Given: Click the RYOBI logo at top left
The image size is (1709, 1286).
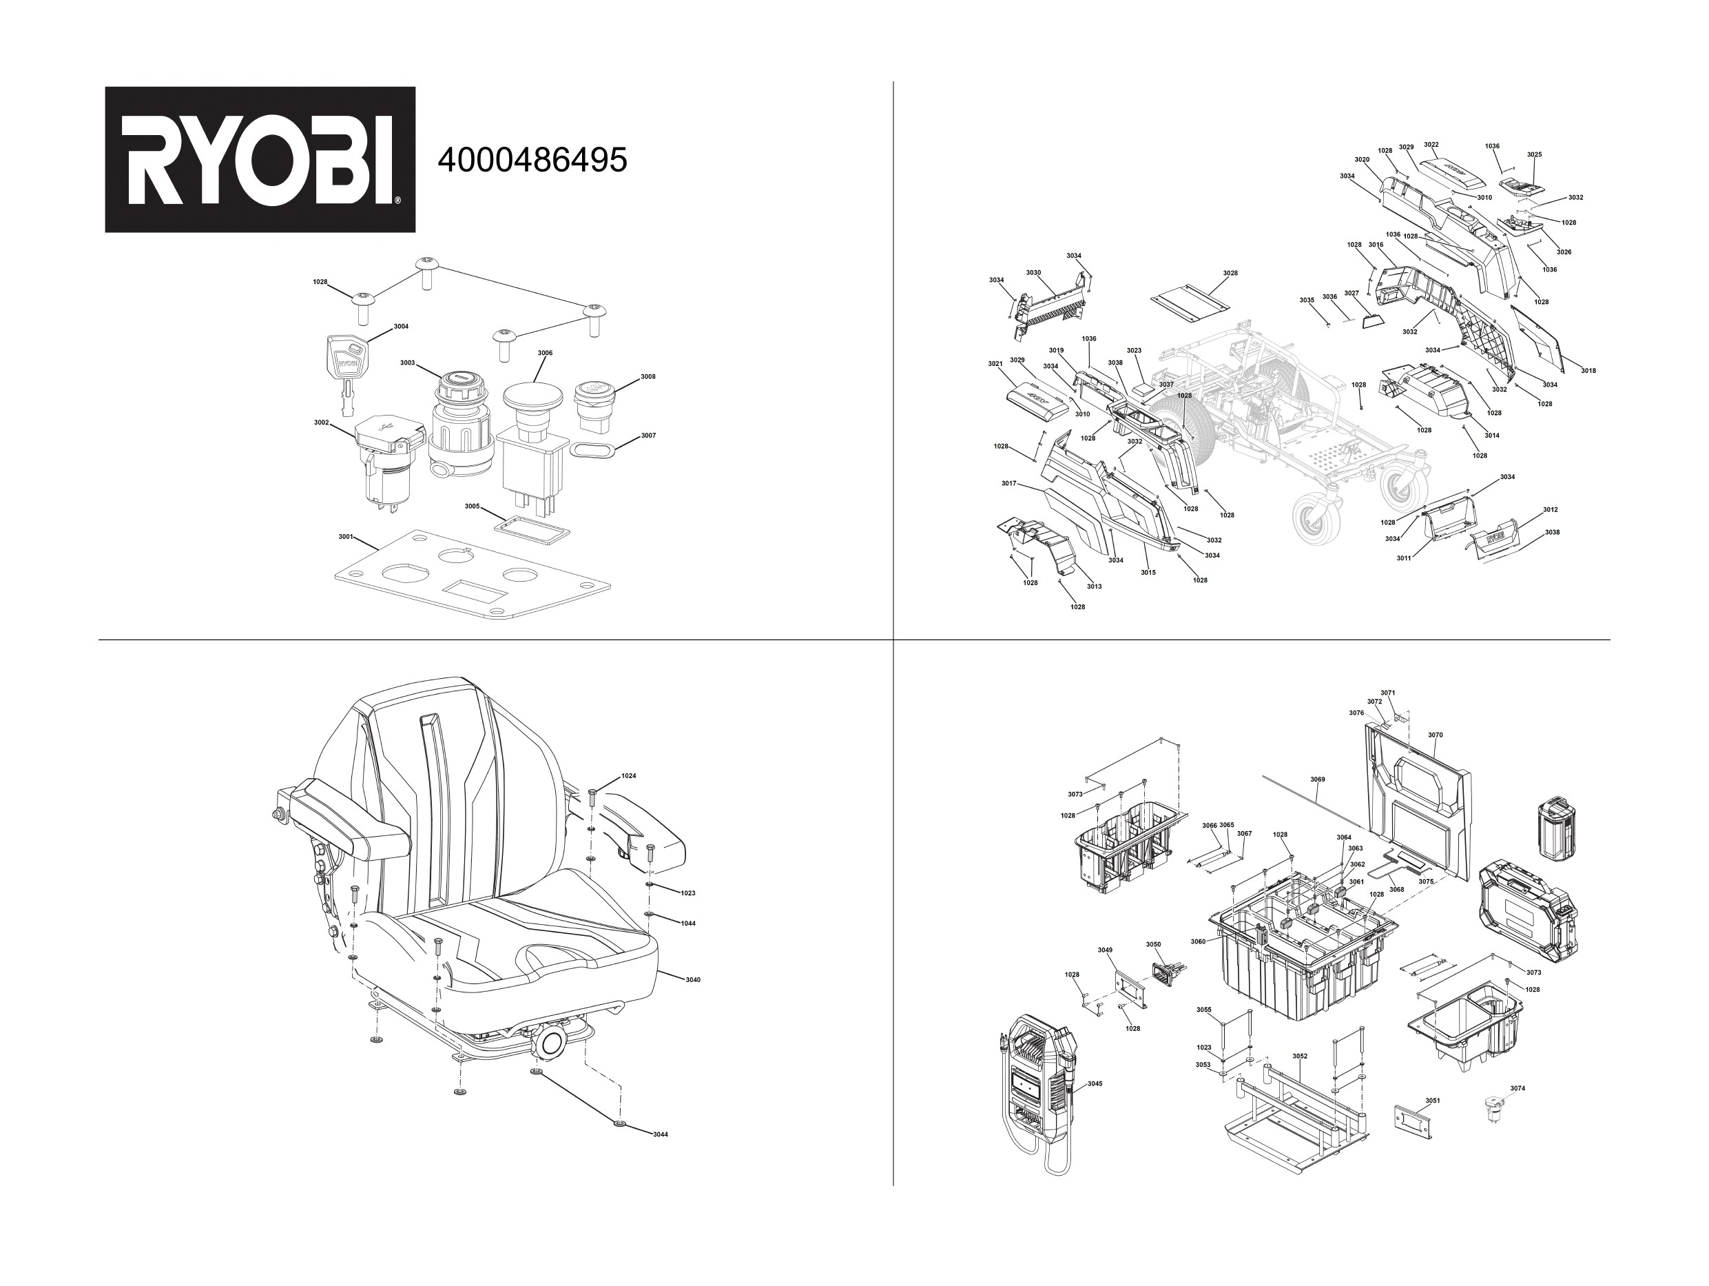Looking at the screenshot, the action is pyautogui.click(x=260, y=159).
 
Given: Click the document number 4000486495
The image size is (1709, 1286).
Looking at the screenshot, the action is pyautogui.click(x=532, y=160).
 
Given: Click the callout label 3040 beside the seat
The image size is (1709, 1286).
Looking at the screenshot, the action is pyautogui.click(x=693, y=980).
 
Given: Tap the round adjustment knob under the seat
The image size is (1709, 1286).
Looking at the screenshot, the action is pyautogui.click(x=552, y=1043).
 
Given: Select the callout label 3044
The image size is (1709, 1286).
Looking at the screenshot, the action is pyautogui.click(x=660, y=1134).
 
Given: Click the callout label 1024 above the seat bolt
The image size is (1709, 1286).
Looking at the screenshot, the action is pyautogui.click(x=629, y=775).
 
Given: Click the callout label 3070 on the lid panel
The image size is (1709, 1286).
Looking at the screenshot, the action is pyautogui.click(x=1435, y=735).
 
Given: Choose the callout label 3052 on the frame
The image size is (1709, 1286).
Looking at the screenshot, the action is pyautogui.click(x=1300, y=1056).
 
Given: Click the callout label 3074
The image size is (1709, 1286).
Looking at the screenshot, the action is pyautogui.click(x=1518, y=1088).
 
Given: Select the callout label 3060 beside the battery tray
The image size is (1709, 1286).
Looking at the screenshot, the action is pyautogui.click(x=1197, y=941).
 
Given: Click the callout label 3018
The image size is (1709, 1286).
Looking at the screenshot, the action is pyautogui.click(x=1588, y=371).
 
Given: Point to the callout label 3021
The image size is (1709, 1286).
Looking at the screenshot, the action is pyautogui.click(x=995, y=363).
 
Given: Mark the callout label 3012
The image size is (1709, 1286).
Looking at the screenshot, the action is pyautogui.click(x=1550, y=510).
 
